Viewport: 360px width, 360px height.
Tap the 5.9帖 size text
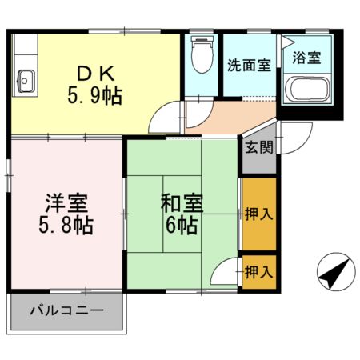pos(94,98)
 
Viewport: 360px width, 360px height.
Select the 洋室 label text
pos(66,202)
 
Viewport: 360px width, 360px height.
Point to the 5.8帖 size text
pos(66,225)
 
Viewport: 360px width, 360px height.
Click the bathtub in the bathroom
pos(308,90)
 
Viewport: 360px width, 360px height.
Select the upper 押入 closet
pos(258,214)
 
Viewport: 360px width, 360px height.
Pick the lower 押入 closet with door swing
pos(258,271)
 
